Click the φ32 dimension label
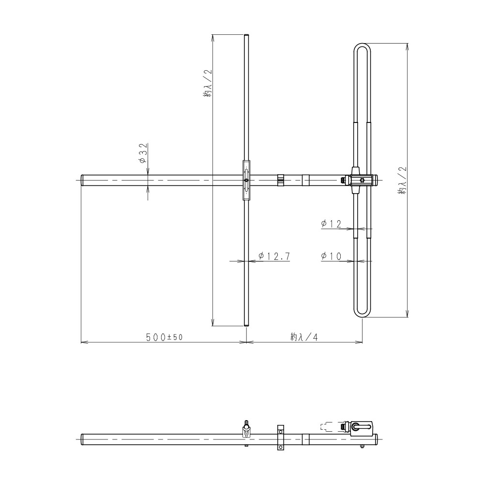tap(143, 153)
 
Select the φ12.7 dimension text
tap(274, 256)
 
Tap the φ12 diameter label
tap(331, 224)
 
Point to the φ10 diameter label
tap(331, 256)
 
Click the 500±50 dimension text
tap(165, 337)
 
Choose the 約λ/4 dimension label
tap(304, 337)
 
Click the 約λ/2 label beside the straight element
tap(208, 83)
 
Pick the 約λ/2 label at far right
tap(403, 180)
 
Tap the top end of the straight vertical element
tap(246, 35)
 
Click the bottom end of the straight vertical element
tap(246, 325)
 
